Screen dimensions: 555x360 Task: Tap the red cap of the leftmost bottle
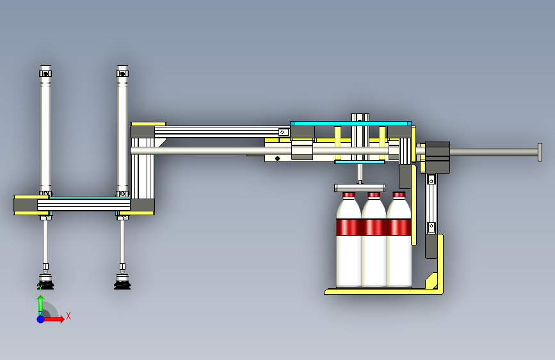pyautogui.click(x=349, y=195)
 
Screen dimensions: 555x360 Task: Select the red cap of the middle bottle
pyautogui.click(x=374, y=195)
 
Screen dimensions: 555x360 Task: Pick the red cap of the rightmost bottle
pyautogui.click(x=399, y=195)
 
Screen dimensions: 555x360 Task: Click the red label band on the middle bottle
pyautogui.click(x=374, y=227)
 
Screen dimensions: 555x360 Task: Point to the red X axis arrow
pyautogui.click(x=54, y=319)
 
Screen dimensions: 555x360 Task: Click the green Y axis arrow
pyautogui.click(x=41, y=306)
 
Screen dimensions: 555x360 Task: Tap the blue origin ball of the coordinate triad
pyautogui.click(x=41, y=319)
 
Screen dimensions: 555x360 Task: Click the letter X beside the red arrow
pyautogui.click(x=68, y=316)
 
